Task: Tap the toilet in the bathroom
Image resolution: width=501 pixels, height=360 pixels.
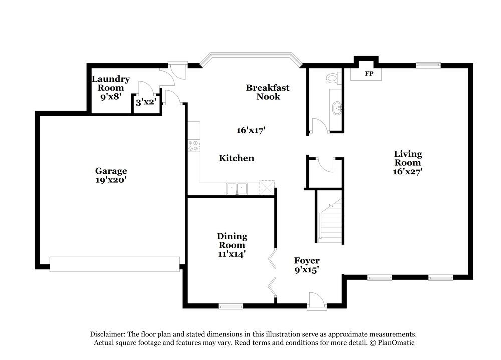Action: pyautogui.click(x=332, y=78)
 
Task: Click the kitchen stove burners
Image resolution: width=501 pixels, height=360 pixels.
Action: pyautogui.click(x=193, y=146)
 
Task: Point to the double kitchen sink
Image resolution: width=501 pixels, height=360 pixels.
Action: pyautogui.click(x=237, y=189)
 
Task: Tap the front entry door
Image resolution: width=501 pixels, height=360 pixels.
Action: pyautogui.click(x=317, y=302)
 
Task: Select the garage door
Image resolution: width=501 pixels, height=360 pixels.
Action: pyautogui.click(x=115, y=264)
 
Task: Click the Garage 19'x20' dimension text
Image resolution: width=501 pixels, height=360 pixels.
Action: pyautogui.click(x=111, y=179)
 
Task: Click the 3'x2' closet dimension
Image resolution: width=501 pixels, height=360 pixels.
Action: pyautogui.click(x=146, y=102)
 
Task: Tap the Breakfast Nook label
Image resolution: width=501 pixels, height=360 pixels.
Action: pyautogui.click(x=268, y=92)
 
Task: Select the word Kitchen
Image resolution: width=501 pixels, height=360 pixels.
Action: pyautogui.click(x=236, y=158)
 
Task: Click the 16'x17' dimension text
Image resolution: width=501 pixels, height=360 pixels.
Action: pyautogui.click(x=250, y=130)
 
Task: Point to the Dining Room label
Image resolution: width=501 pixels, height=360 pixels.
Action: pyautogui.click(x=231, y=241)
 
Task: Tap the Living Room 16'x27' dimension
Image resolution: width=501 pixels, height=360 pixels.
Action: pyautogui.click(x=408, y=171)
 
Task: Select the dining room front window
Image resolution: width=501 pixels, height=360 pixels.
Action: pyautogui.click(x=231, y=306)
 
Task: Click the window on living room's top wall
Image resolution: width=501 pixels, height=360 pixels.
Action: pyautogui.click(x=428, y=65)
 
